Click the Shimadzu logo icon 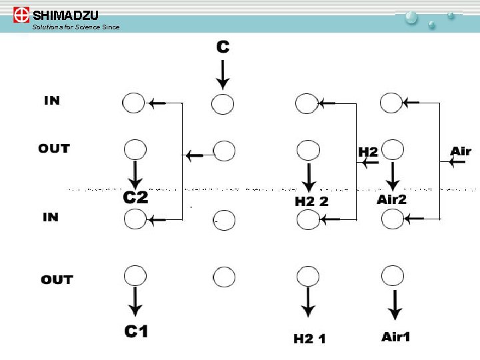(21, 15)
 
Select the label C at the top (223, 47)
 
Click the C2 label (136, 197)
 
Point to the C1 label (136, 331)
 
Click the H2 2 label (311, 201)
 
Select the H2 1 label (310, 339)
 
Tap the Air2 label (392, 199)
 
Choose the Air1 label (396, 337)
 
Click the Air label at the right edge (461, 151)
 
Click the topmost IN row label (51, 101)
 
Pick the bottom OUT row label (57, 279)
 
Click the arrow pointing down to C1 (135, 303)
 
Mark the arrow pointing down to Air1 (395, 305)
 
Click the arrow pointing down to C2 (135, 175)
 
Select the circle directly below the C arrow (223, 103)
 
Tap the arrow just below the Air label (457, 163)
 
